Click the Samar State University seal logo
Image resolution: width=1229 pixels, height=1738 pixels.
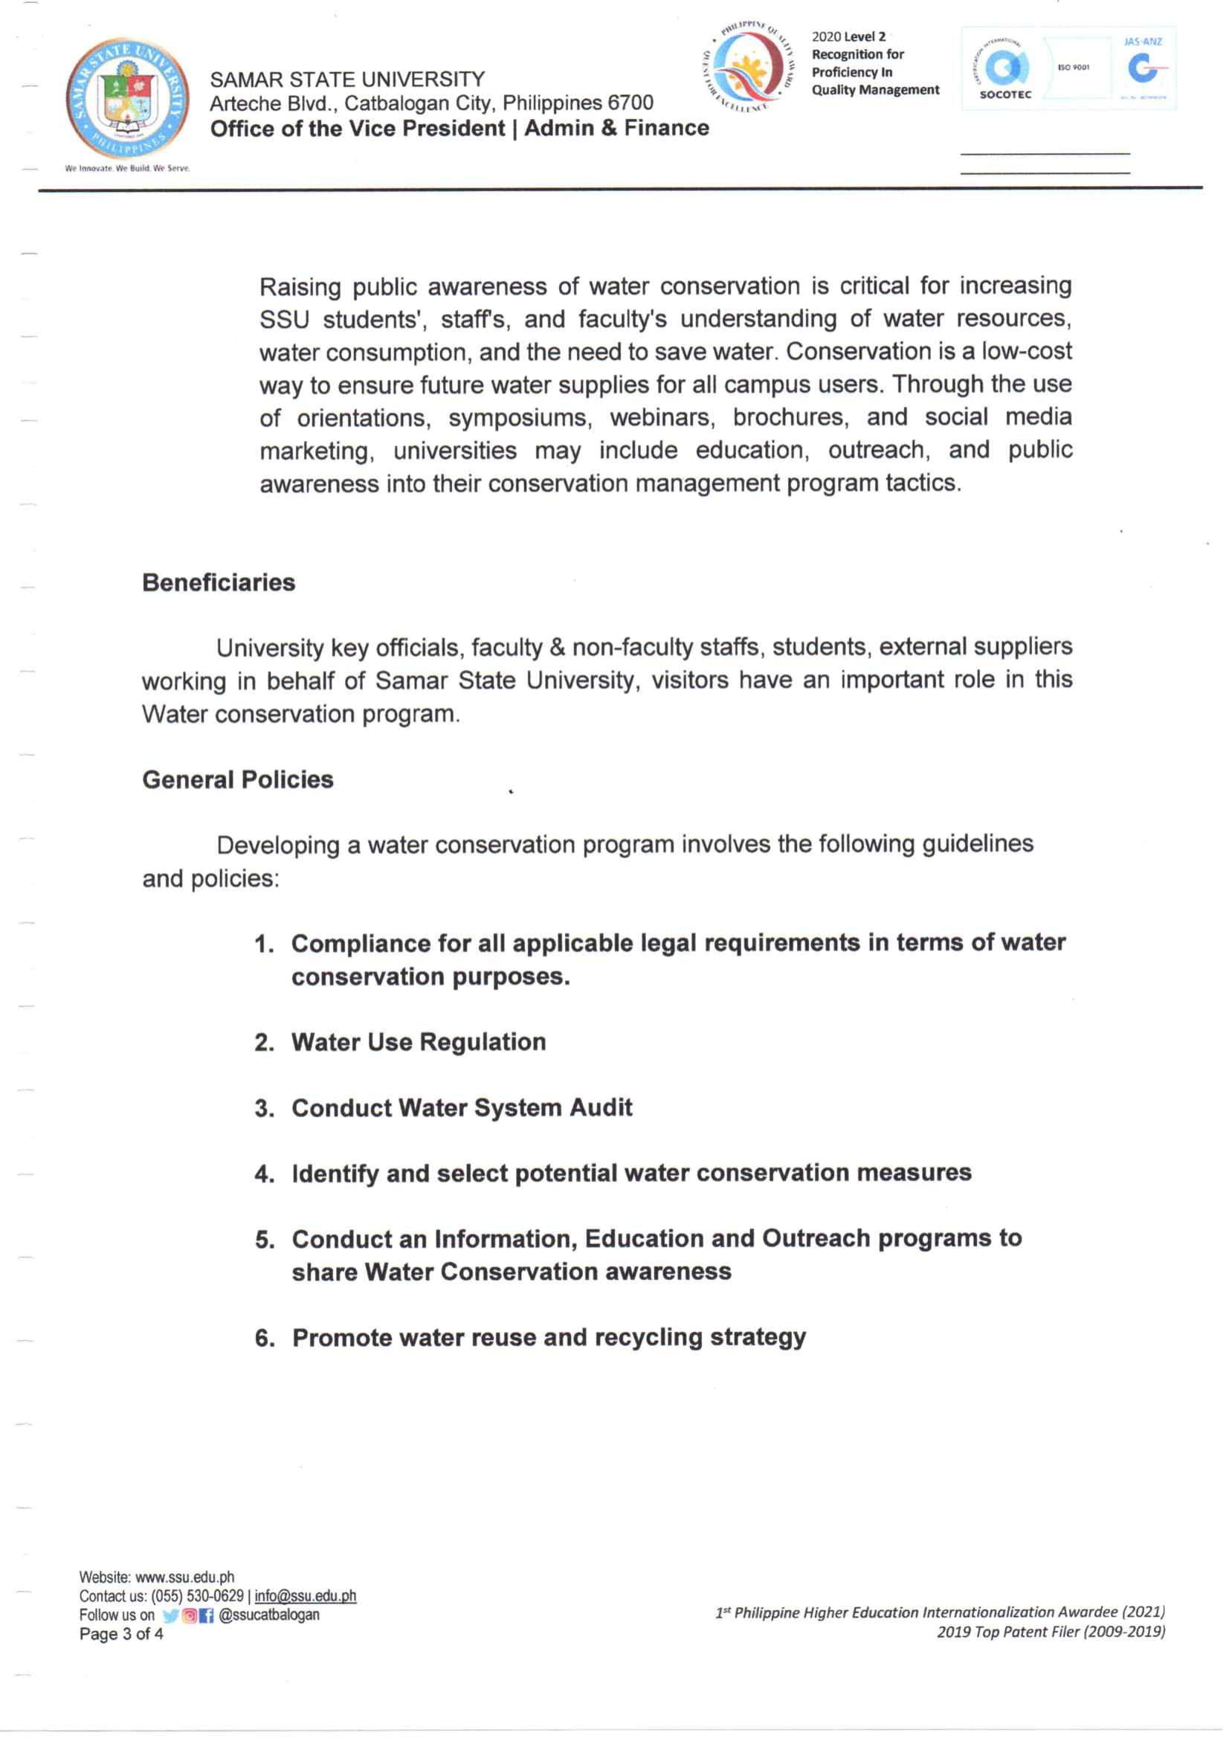click(x=126, y=97)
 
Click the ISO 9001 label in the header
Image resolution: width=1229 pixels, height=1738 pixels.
click(x=1073, y=68)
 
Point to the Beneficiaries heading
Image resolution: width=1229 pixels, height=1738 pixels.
click(x=219, y=583)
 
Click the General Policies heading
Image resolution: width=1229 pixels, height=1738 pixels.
click(x=238, y=779)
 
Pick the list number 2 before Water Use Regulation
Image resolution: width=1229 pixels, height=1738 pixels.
click(x=264, y=1043)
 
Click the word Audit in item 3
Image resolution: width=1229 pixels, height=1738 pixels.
click(x=601, y=1108)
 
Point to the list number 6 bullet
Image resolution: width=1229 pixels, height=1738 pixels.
click(x=265, y=1339)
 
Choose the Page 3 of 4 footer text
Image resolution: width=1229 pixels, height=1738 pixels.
click(x=121, y=1635)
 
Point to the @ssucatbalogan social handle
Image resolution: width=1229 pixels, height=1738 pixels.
click(x=268, y=1615)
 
